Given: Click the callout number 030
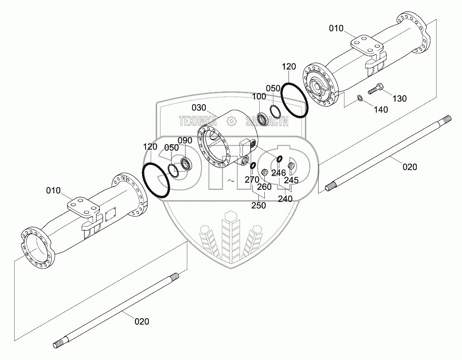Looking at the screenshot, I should click(199, 107).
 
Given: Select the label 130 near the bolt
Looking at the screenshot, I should click(399, 99).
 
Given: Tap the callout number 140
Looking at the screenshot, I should click(381, 109).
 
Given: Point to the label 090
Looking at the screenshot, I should click(185, 140).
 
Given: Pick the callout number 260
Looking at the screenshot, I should click(264, 187).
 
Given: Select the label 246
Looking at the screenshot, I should click(279, 173).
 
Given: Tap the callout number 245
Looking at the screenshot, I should click(291, 180).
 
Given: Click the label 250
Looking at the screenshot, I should click(258, 205).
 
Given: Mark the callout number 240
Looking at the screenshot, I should click(285, 199).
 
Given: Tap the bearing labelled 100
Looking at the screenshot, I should click(260, 118).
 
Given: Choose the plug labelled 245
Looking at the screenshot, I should click(290, 166).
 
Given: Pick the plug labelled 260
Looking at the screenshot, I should click(265, 173).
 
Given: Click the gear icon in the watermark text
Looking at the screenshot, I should click(232, 122).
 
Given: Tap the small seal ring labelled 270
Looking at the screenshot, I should click(253, 164).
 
